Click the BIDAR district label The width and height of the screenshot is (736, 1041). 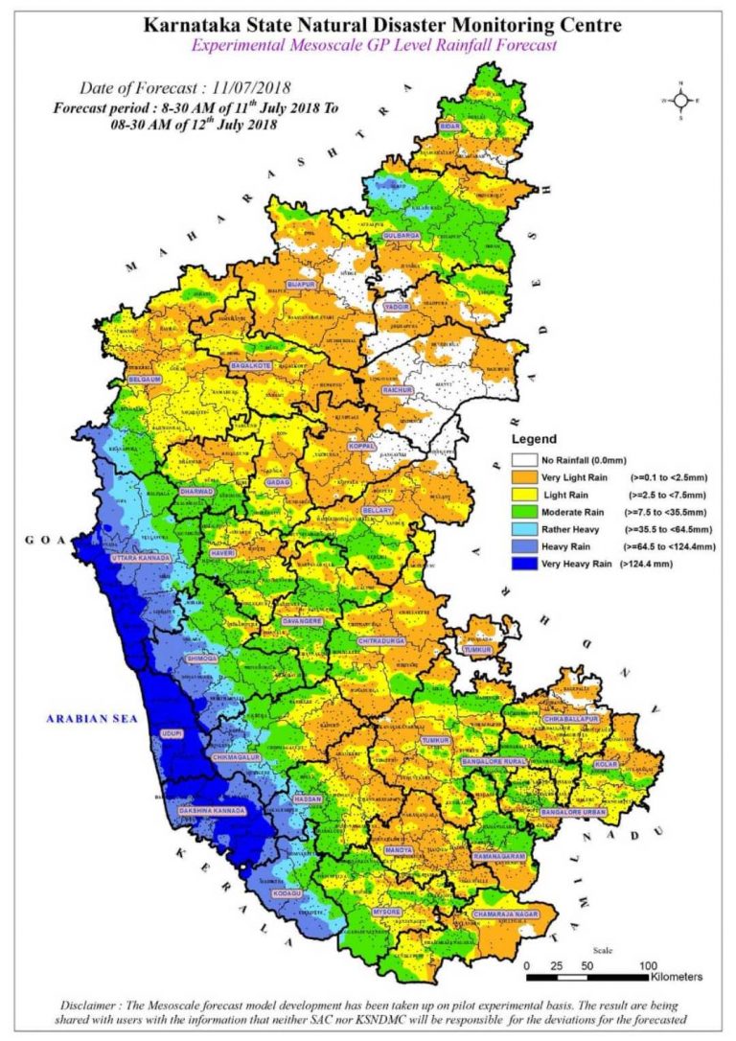tap(449, 127)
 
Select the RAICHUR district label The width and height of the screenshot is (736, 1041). tap(397, 390)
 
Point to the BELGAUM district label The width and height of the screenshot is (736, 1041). tap(144, 380)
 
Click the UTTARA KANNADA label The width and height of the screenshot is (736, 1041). tap(141, 558)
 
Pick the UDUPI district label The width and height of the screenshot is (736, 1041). tap(172, 734)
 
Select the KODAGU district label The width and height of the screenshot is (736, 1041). tap(287, 893)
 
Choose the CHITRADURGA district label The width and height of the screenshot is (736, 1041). tap(381, 640)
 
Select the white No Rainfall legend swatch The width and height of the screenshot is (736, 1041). tap(523, 459)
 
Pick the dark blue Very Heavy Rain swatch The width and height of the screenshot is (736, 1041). tap(523, 564)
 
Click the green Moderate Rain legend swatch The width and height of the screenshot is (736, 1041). tap(523, 511)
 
